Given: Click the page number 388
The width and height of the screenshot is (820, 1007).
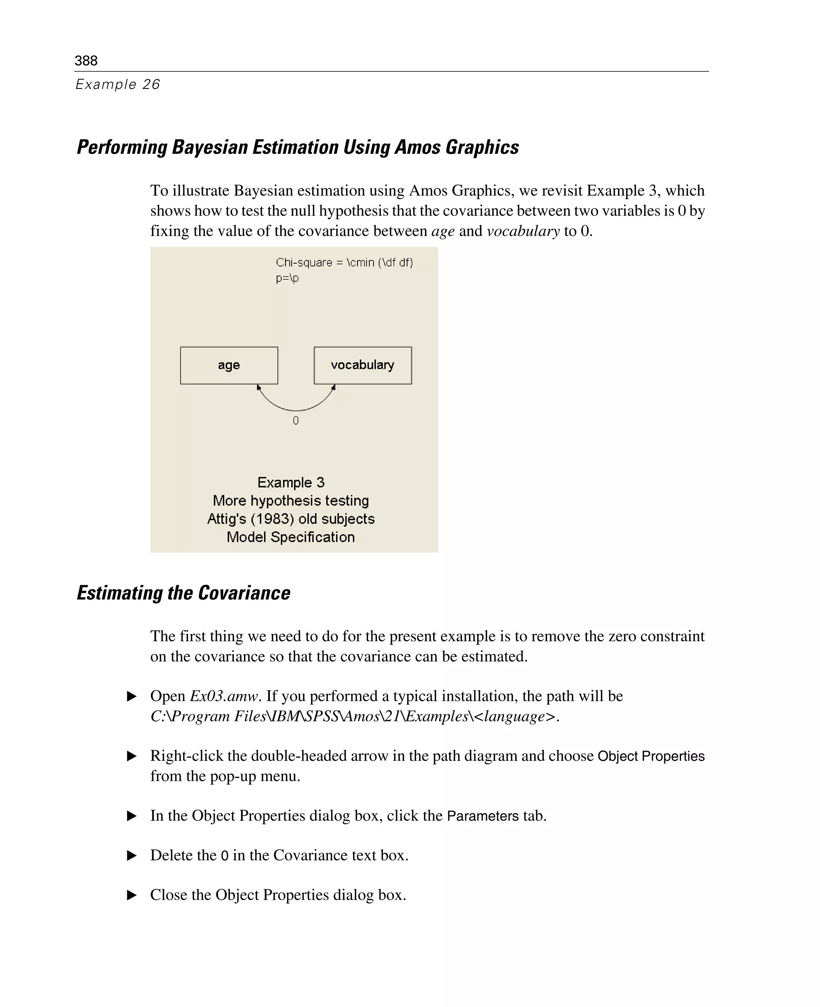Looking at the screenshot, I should pyautogui.click(x=86, y=60).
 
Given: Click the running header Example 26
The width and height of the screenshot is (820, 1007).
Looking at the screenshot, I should pyautogui.click(x=118, y=85).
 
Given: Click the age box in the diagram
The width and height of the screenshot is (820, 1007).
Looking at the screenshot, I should pyautogui.click(x=229, y=365).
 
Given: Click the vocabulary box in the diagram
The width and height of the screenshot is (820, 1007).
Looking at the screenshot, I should pyautogui.click(x=362, y=365).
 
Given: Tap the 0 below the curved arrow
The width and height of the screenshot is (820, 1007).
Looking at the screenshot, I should pyautogui.click(x=296, y=421).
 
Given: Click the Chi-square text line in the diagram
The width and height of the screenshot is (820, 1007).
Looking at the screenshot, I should pyautogui.click(x=344, y=263).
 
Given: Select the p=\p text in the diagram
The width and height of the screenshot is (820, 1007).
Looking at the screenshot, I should pyautogui.click(x=287, y=278).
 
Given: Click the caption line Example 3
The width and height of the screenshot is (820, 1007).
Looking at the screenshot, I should pyautogui.click(x=291, y=483).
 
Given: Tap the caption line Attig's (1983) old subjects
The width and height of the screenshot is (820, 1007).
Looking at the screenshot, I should pyautogui.click(x=291, y=519).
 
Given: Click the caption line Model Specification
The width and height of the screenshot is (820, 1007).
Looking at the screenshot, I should pyautogui.click(x=291, y=537).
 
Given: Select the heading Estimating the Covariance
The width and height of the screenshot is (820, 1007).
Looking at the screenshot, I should pyautogui.click(x=183, y=593).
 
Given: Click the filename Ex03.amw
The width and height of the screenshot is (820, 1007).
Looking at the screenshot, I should pyautogui.click(x=224, y=696).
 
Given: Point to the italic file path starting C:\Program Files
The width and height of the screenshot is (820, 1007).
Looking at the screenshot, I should pyautogui.click(x=354, y=716).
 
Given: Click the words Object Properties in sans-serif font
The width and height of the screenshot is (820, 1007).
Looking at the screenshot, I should pyautogui.click(x=651, y=756).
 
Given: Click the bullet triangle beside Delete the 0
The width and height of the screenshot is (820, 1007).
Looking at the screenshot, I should pyautogui.click(x=132, y=855).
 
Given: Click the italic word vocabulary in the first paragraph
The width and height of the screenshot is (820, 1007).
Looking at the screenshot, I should pyautogui.click(x=523, y=231).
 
